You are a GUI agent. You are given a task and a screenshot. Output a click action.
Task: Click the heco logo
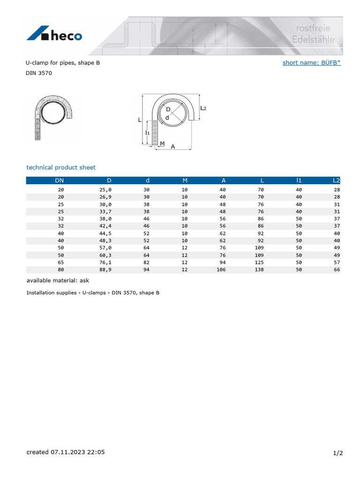click(x=54, y=34)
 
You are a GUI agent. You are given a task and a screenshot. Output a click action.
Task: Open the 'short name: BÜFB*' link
click(x=311, y=62)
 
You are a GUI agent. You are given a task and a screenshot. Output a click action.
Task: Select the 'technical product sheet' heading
click(x=61, y=167)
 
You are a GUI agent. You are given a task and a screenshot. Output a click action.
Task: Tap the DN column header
click(x=60, y=180)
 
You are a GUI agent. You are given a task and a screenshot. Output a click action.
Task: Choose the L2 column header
click(x=336, y=180)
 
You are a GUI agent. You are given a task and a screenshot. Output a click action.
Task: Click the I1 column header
click(x=299, y=180)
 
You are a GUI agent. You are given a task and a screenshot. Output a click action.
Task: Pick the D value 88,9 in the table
click(x=106, y=270)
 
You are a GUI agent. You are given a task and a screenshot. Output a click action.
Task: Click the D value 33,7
click(x=106, y=211)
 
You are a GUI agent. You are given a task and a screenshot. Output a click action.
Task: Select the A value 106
click(x=221, y=270)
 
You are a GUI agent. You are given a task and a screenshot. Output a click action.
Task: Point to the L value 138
click(x=259, y=270)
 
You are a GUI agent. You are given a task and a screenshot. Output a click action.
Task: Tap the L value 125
click(x=259, y=262)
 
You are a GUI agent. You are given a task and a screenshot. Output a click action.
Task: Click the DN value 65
click(x=60, y=262)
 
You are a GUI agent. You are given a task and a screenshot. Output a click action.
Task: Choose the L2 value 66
click(x=337, y=270)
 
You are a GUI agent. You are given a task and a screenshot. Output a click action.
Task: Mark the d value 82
click(x=146, y=262)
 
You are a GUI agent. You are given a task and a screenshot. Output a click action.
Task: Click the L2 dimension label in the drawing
click(x=203, y=108)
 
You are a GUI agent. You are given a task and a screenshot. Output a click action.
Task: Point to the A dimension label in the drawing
click(x=172, y=147)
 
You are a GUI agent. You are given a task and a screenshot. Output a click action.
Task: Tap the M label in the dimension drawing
click(x=162, y=143)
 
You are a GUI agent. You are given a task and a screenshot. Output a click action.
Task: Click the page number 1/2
click(x=338, y=453)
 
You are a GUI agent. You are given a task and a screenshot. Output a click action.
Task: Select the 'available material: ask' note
click(x=58, y=280)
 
